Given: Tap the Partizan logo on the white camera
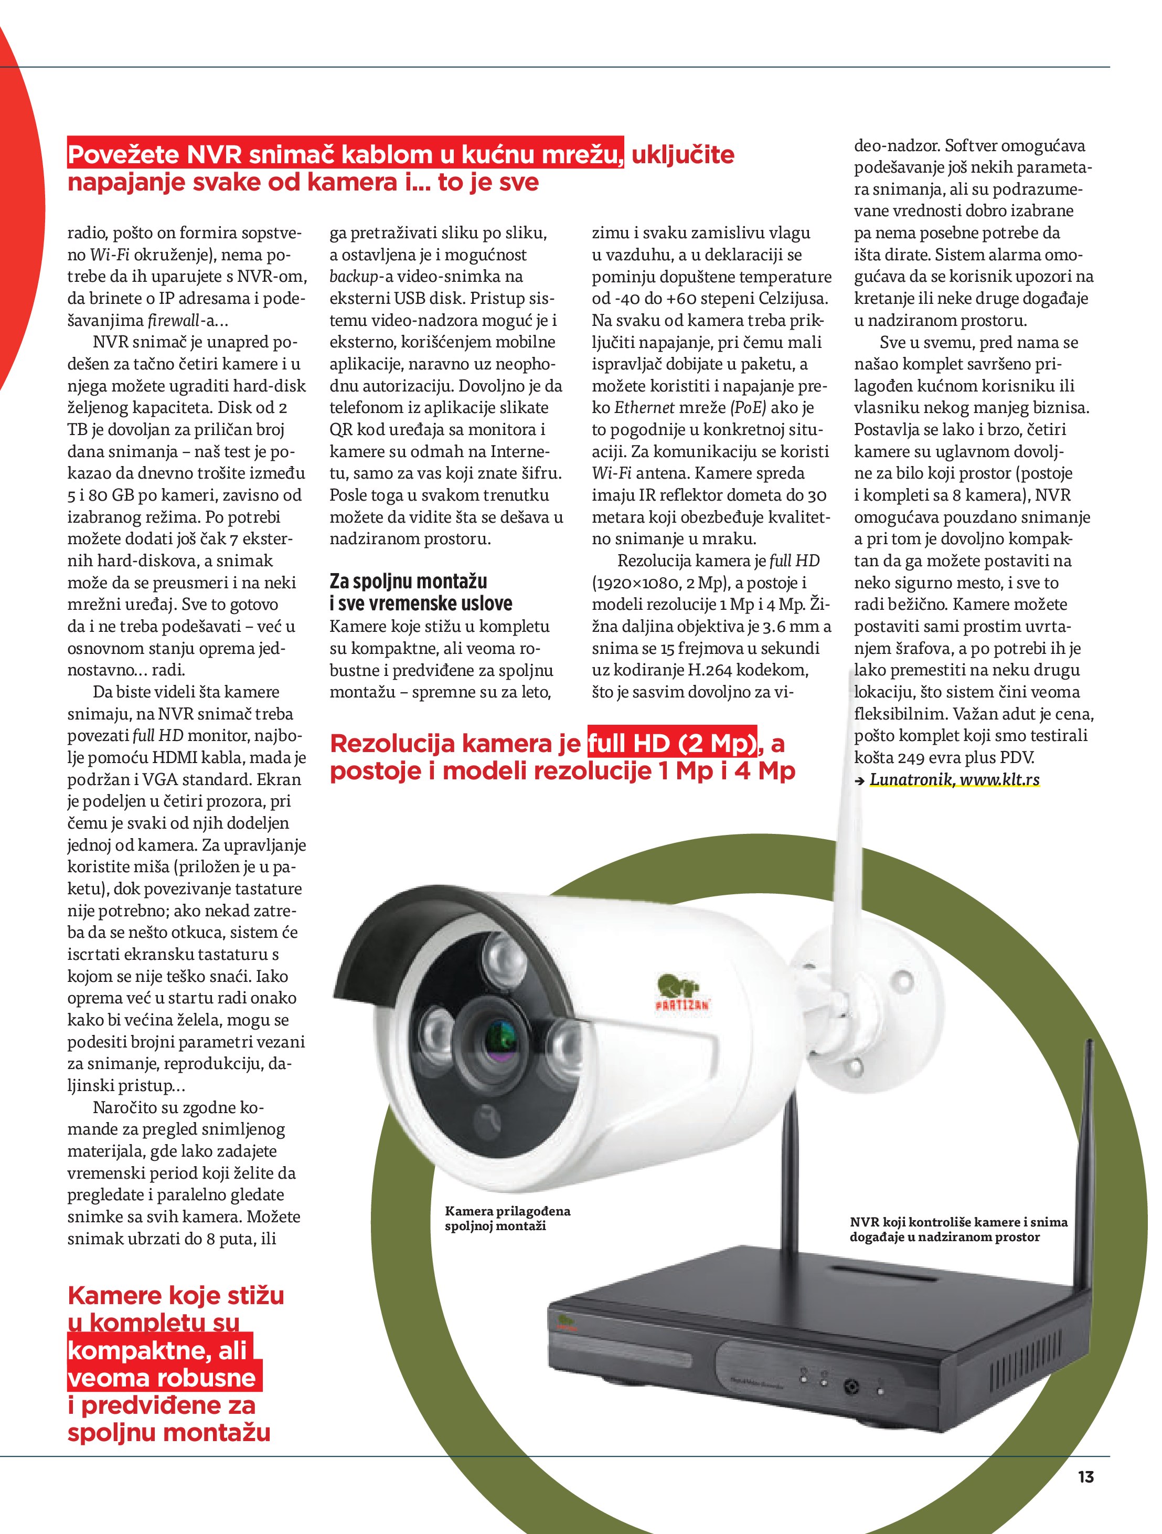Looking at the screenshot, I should (682, 993).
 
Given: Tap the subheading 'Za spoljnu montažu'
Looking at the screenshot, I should (408, 581).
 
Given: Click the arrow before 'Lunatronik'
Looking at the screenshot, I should (860, 780).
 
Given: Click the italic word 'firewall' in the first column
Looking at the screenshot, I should (173, 320).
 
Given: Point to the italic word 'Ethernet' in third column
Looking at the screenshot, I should (644, 408).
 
